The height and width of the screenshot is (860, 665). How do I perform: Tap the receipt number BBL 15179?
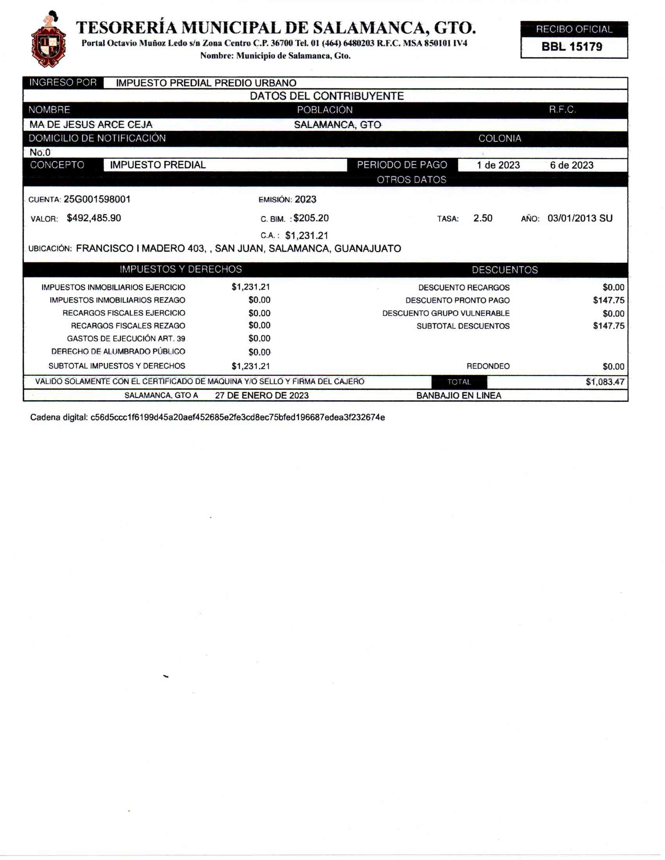click(572, 47)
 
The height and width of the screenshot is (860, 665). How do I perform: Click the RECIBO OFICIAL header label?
click(574, 30)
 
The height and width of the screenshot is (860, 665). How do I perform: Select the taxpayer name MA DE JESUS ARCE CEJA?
click(91, 125)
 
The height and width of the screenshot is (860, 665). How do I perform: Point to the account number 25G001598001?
click(97, 199)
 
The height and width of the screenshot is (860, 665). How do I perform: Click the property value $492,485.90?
click(94, 218)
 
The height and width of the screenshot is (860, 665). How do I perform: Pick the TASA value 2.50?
click(483, 218)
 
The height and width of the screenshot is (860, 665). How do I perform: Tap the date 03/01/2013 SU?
click(579, 218)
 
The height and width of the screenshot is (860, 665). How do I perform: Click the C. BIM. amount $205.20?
click(311, 218)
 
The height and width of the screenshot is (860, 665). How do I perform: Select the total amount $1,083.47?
click(605, 382)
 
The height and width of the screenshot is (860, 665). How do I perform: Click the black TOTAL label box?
click(459, 382)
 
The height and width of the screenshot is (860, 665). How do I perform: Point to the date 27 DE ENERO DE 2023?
click(262, 396)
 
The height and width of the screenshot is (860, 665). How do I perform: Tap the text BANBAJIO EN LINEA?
click(458, 396)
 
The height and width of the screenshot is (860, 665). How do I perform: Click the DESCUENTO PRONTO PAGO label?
click(457, 301)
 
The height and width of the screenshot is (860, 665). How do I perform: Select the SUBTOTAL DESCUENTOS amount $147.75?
click(609, 326)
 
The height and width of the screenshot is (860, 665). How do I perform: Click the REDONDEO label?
click(488, 367)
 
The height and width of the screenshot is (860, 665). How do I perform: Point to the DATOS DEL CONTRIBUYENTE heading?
click(327, 97)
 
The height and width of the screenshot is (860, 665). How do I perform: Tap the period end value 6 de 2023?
click(572, 165)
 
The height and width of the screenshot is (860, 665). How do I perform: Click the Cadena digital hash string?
click(237, 417)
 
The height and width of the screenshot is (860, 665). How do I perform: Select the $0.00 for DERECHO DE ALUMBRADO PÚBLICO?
click(259, 352)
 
